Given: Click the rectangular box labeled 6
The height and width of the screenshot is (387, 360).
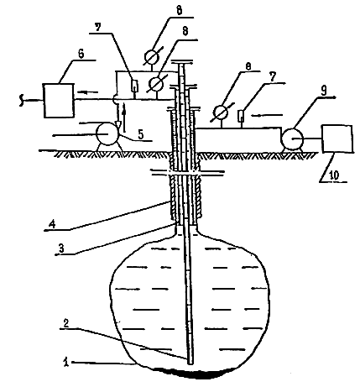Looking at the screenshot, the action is (x=59, y=101).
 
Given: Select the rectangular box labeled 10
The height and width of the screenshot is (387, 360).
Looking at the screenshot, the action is (x=337, y=139).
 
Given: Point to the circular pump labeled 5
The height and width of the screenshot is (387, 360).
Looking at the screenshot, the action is (x=107, y=134).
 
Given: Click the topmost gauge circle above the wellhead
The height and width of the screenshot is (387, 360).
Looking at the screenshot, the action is (x=152, y=56).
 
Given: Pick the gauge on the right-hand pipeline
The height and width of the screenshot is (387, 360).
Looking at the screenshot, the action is (x=221, y=112).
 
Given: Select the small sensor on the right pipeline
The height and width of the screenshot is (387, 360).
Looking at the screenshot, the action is (x=241, y=116).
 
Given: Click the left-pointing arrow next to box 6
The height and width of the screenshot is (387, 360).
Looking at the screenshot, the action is (x=87, y=92).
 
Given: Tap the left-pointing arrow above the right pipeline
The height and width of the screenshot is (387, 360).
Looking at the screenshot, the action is (x=267, y=115).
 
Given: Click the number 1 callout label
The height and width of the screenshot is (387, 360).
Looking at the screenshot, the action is (x=66, y=362).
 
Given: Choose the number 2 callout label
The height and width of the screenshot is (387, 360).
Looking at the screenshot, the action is (x=66, y=323).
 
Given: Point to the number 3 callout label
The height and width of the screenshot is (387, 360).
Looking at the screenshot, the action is (x=61, y=248).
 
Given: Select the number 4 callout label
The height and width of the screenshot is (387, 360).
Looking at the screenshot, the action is (x=52, y=224).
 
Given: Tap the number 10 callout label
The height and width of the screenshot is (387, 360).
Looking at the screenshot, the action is (x=334, y=175).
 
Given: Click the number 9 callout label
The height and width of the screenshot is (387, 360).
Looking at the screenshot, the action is (x=324, y=92).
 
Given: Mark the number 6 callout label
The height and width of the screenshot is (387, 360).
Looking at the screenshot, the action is (x=81, y=54).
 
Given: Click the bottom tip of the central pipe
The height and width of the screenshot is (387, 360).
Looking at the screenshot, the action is (x=190, y=364).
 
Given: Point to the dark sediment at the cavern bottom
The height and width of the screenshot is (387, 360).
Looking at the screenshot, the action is (x=193, y=373).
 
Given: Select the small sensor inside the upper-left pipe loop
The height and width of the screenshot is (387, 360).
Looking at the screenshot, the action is (x=135, y=86).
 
